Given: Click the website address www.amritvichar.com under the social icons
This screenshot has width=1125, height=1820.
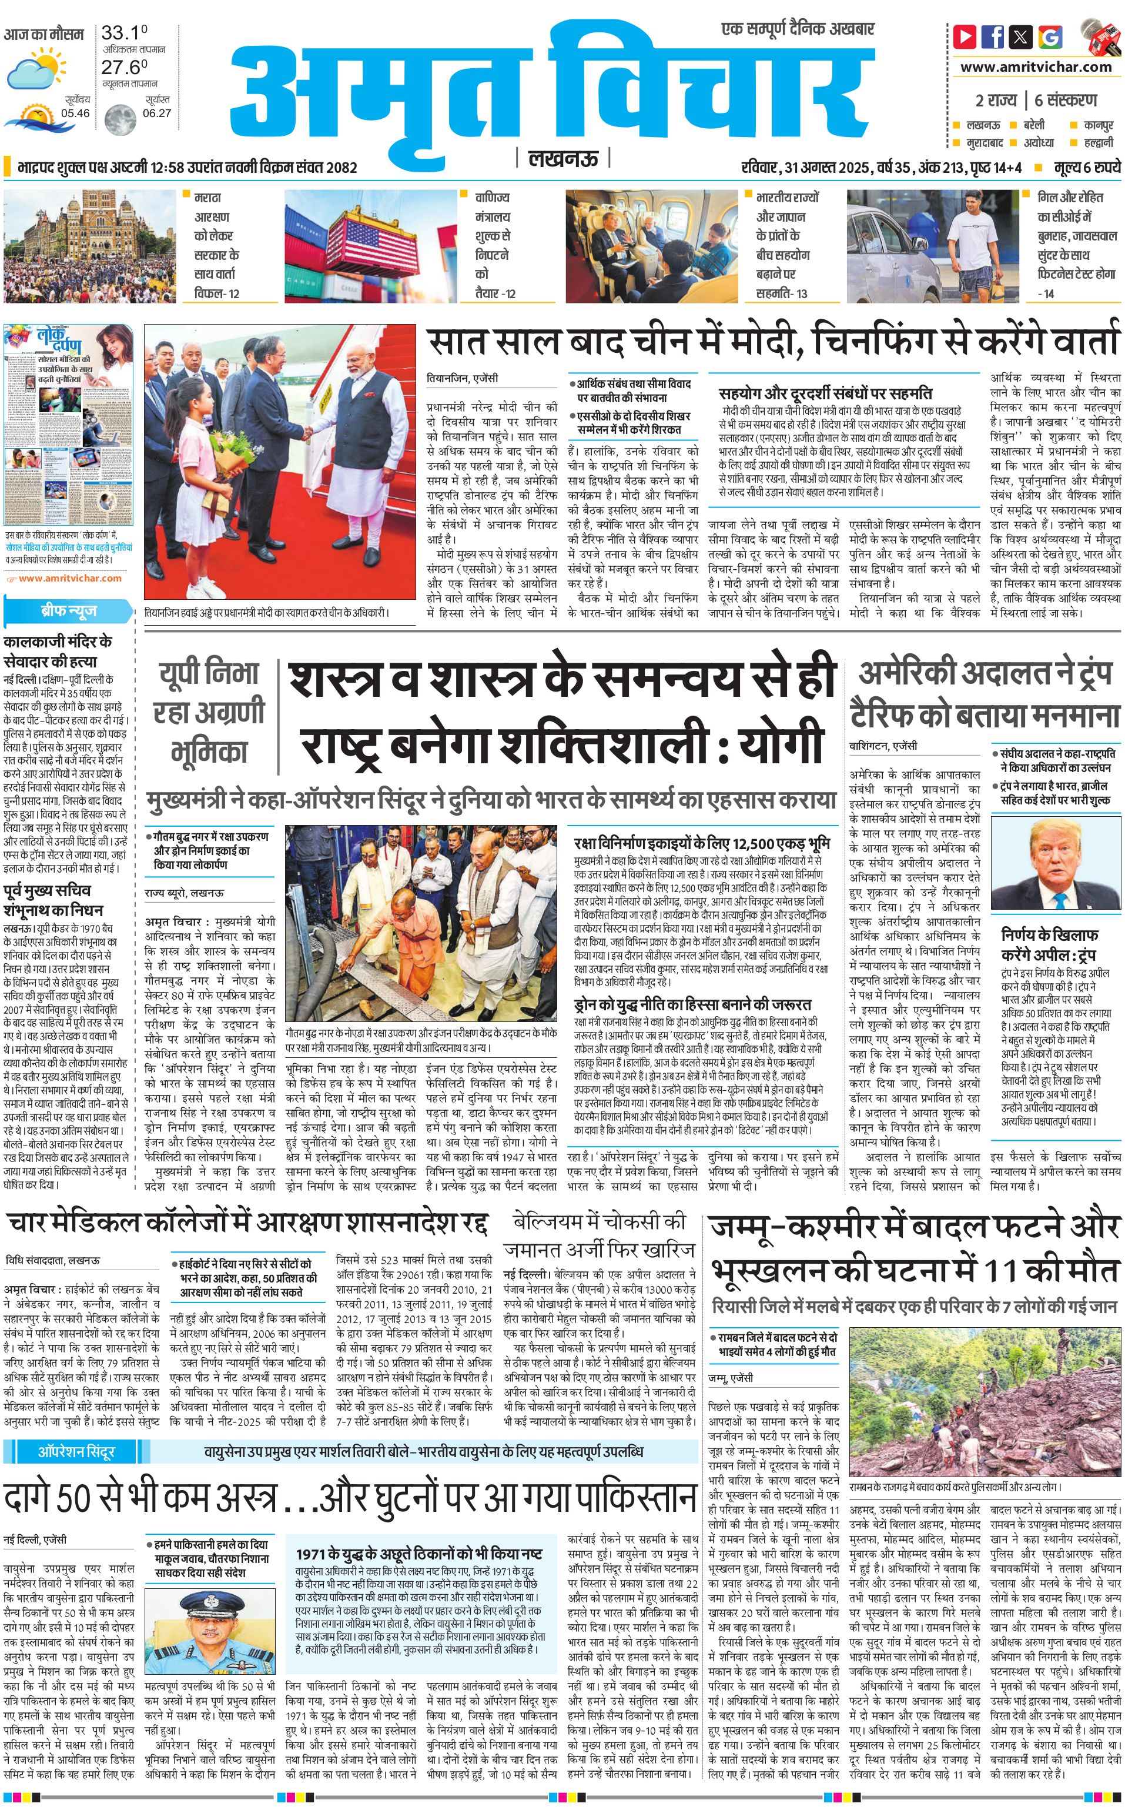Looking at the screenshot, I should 1036,67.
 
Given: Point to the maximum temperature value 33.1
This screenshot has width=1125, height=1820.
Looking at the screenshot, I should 123,33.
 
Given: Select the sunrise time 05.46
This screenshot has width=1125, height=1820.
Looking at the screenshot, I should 75,113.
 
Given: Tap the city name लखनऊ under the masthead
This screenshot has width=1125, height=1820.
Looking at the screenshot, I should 562,159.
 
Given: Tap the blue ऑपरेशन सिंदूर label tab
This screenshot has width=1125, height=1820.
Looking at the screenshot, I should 76,1451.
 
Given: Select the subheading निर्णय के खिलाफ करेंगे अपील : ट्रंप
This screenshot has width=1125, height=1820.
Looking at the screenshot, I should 1050,944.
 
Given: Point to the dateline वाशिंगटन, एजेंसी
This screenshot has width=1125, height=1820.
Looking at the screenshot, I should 883,745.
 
